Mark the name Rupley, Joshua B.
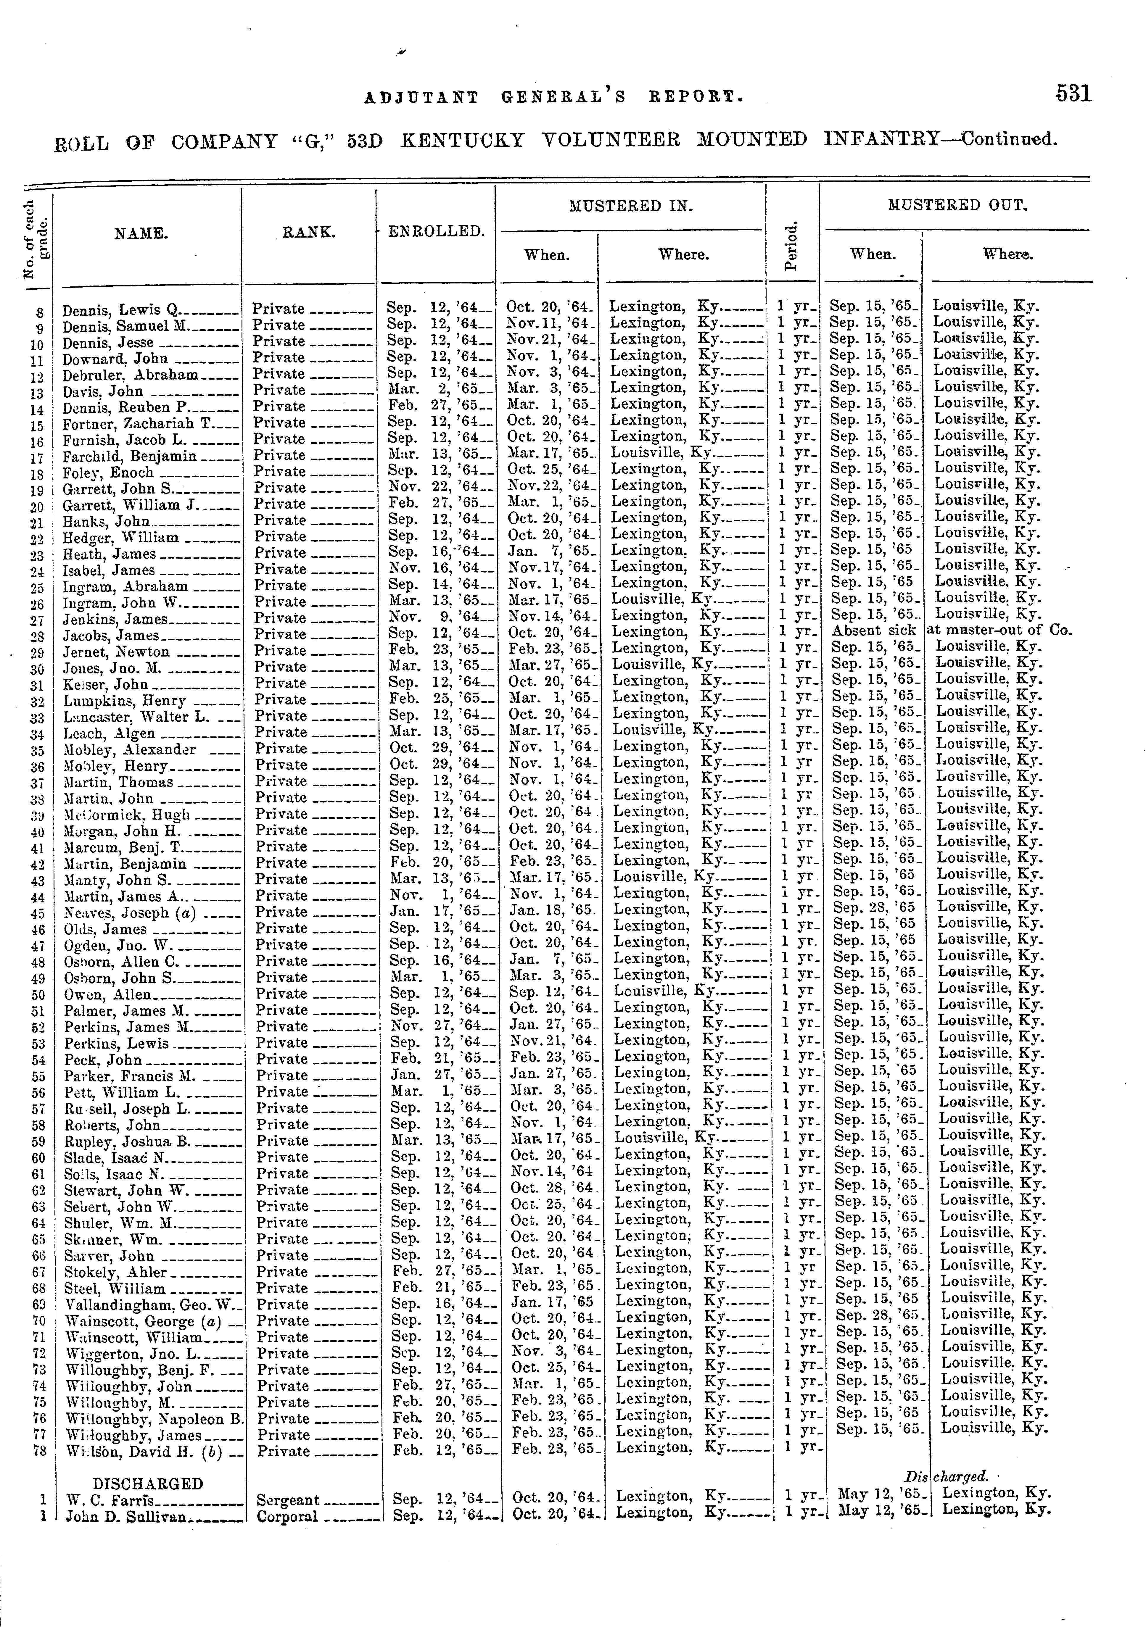pyautogui.click(x=128, y=1141)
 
